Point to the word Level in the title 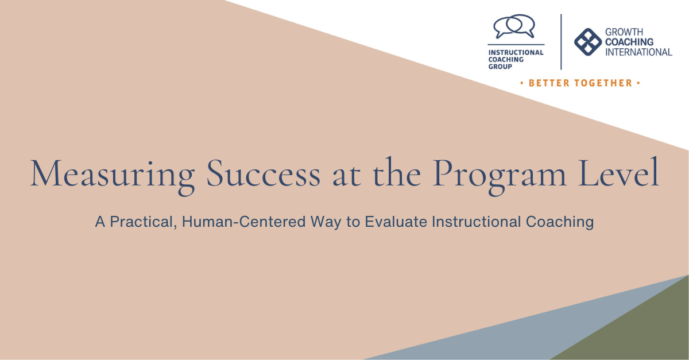618,172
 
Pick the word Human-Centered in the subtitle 244,222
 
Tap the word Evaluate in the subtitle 396,222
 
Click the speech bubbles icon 514,26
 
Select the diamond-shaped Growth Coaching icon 588,42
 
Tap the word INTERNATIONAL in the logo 638,52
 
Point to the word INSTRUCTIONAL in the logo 516,53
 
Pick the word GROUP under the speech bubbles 500,67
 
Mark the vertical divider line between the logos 561,42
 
